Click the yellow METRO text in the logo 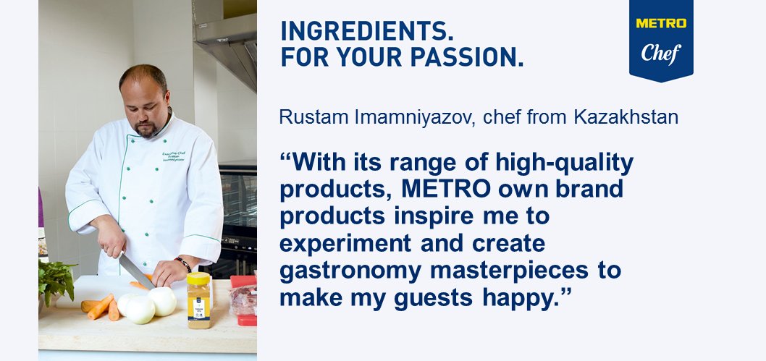[x=661, y=23]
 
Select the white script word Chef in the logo [x=661, y=53]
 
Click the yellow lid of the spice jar [x=198, y=279]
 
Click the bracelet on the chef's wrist [x=184, y=265]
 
